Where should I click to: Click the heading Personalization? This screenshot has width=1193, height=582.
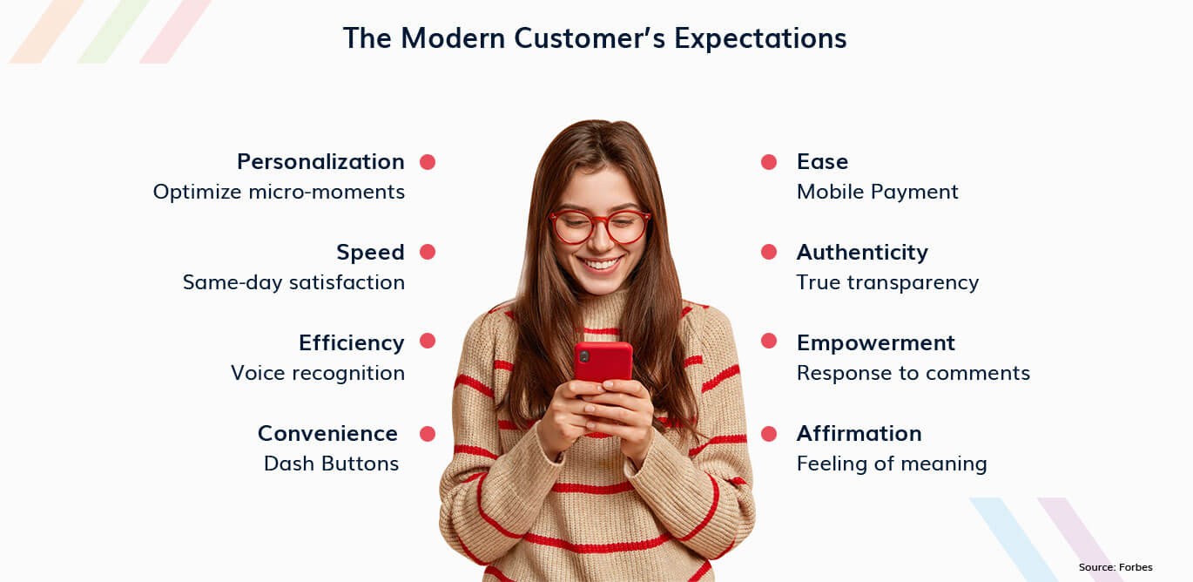(x=320, y=162)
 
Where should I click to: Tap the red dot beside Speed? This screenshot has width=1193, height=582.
(x=428, y=252)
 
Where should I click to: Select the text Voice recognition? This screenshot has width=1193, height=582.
(x=318, y=373)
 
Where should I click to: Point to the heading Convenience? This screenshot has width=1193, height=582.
(x=327, y=433)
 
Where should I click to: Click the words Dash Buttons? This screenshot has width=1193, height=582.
(x=331, y=464)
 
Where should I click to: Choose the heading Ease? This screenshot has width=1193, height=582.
(x=822, y=162)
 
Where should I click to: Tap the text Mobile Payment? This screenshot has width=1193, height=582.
(x=878, y=192)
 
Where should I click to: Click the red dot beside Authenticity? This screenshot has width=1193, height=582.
(x=769, y=252)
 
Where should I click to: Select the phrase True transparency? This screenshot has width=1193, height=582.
(x=888, y=282)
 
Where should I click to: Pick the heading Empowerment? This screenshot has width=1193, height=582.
(x=876, y=343)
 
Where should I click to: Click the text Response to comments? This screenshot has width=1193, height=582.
(x=913, y=373)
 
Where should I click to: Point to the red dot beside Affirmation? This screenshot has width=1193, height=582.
(x=769, y=434)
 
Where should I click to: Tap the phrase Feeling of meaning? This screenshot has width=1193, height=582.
(x=892, y=464)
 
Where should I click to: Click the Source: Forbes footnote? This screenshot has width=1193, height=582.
(x=1115, y=567)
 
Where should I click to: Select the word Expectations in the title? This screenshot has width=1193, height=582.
(x=760, y=38)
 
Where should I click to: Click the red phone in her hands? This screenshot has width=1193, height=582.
(x=603, y=363)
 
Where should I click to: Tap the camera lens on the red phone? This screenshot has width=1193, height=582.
(x=584, y=356)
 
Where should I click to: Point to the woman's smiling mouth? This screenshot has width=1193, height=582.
(x=601, y=263)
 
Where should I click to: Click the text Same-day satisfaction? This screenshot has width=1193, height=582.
(x=294, y=282)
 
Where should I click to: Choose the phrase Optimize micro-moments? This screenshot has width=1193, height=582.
(x=279, y=192)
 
